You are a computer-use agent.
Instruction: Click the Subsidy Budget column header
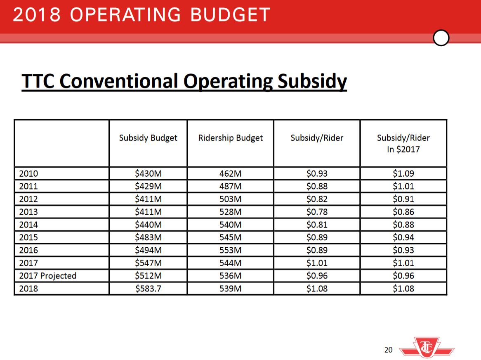click(x=148, y=138)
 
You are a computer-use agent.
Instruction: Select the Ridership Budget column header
click(x=230, y=138)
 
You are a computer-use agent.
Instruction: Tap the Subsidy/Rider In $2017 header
click(x=403, y=143)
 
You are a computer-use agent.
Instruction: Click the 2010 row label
click(x=28, y=173)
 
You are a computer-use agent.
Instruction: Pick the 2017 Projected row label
click(x=48, y=276)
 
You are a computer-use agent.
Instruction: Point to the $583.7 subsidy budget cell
click(x=148, y=289)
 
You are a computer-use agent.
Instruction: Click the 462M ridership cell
click(x=230, y=173)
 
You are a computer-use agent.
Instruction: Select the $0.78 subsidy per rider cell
click(x=317, y=212)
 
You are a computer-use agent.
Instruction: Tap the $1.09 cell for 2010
click(x=403, y=173)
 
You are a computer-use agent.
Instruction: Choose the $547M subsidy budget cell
click(x=148, y=263)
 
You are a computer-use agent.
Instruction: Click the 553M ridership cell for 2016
click(x=230, y=250)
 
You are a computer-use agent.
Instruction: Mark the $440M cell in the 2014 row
click(x=148, y=225)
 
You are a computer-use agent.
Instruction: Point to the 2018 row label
click(x=28, y=289)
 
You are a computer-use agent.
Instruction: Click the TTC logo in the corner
click(x=427, y=348)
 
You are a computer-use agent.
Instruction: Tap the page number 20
click(x=388, y=350)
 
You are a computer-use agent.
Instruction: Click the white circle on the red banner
click(x=441, y=38)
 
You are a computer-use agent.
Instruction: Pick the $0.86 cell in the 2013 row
click(x=403, y=212)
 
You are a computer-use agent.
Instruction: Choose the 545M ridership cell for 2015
click(x=230, y=237)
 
